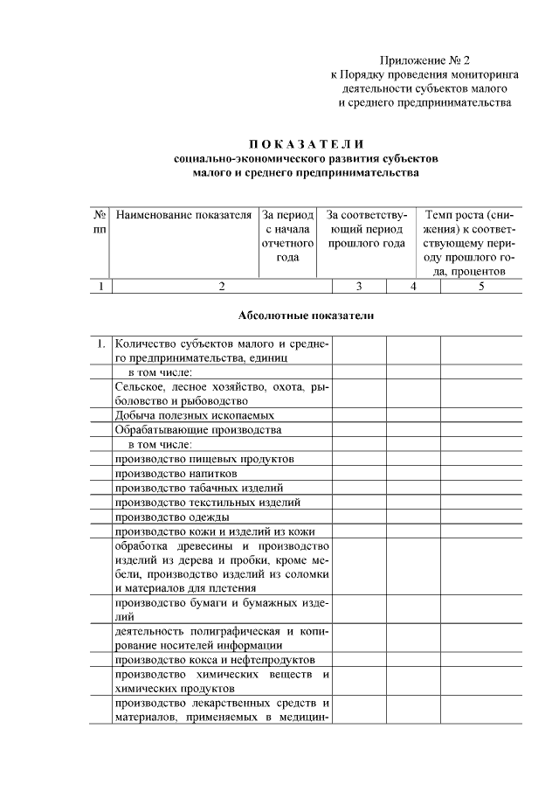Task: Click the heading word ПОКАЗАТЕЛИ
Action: point(305,143)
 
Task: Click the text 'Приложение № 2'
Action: point(424,60)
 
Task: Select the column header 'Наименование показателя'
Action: point(183,215)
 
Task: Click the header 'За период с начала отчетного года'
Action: point(287,236)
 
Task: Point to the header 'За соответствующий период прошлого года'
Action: point(366,229)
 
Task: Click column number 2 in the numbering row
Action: point(222,286)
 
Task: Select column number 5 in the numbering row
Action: point(480,286)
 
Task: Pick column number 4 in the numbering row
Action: point(413,286)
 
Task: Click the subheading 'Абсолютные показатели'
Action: point(306,316)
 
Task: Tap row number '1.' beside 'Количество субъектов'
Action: point(101,343)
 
